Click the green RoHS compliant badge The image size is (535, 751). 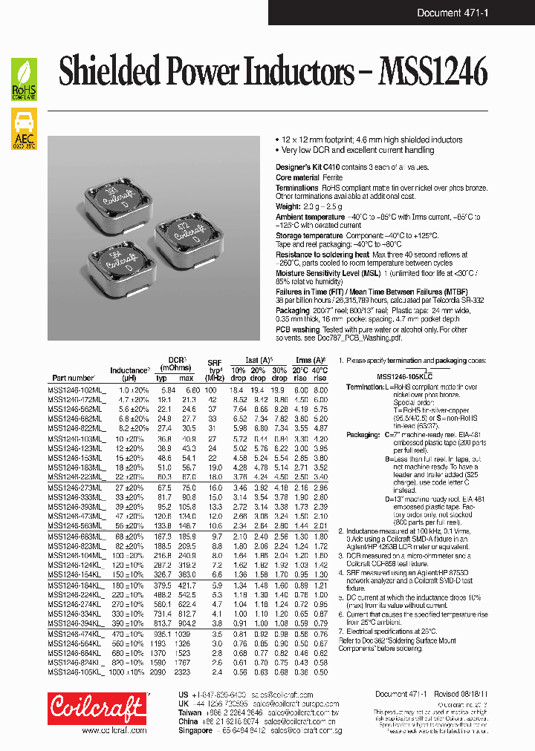point(23,79)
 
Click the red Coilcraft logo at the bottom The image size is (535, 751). point(97,709)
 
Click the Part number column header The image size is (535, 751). point(73,378)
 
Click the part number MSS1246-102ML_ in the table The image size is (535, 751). point(77,390)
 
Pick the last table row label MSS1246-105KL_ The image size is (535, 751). point(77,672)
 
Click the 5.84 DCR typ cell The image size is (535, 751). point(168,390)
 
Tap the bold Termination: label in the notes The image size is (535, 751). point(365,387)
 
